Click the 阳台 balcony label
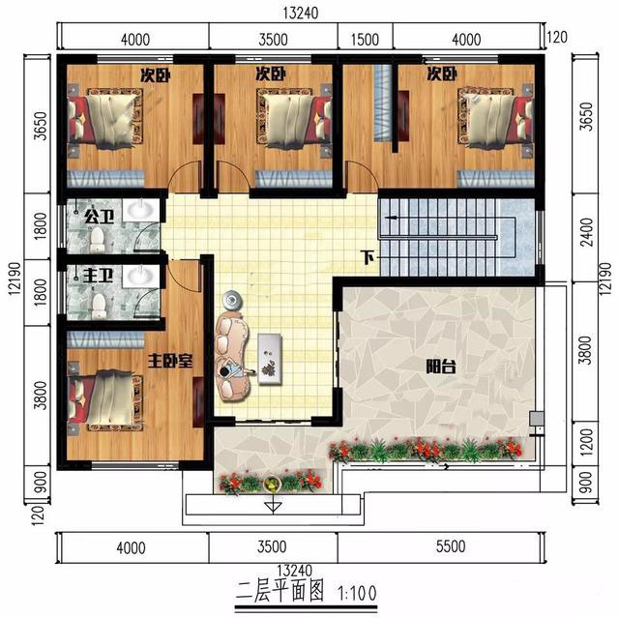[441, 367]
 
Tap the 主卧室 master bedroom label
[170, 361]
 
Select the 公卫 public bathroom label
[99, 217]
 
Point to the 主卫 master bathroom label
[99, 276]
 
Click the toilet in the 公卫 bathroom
[97, 240]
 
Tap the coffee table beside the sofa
[270, 359]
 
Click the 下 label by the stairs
[368, 257]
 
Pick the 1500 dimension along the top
[365, 40]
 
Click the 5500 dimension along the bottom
[451, 546]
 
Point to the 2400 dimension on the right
[588, 232]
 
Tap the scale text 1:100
[357, 593]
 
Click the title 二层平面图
[280, 591]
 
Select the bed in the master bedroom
[104, 400]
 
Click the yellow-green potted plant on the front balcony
[271, 484]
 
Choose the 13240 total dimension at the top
[301, 13]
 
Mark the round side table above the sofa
[231, 300]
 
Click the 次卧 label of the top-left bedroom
[156, 75]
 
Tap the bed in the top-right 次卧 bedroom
[495, 118]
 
